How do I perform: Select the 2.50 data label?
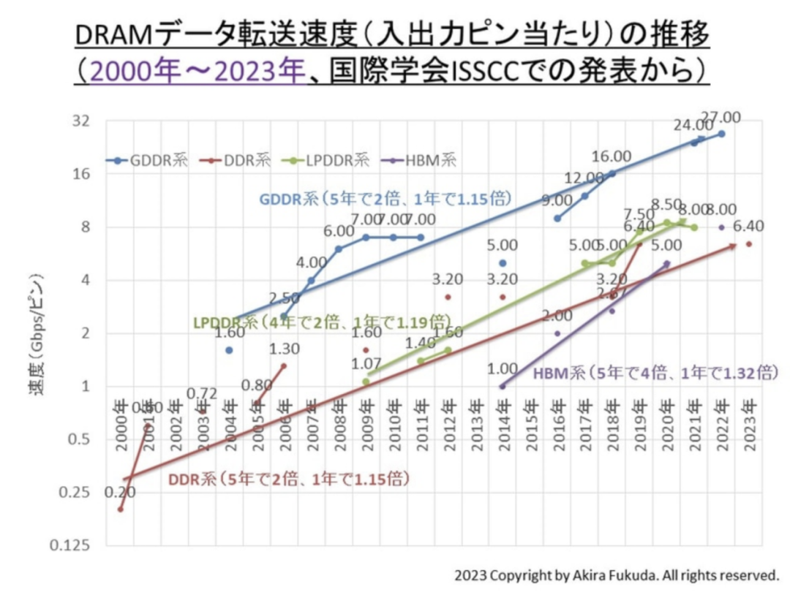[x=285, y=298]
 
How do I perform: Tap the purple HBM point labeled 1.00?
[x=503, y=386]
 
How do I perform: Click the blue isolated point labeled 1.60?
[x=229, y=350]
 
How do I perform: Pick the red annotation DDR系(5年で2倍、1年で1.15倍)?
[x=288, y=480]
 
